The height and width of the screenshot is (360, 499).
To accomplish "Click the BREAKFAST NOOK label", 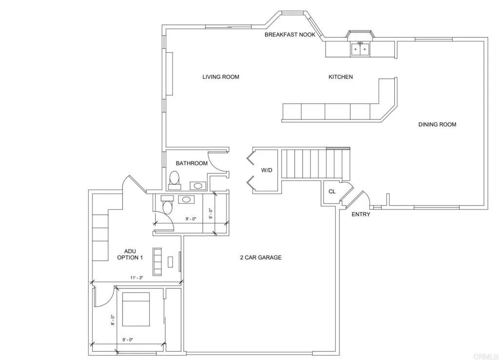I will tap(290, 35).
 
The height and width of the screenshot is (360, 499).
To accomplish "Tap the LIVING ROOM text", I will tap(221, 77).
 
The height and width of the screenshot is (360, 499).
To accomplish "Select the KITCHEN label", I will tap(341, 77).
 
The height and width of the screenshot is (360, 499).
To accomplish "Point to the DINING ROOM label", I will tap(437, 125).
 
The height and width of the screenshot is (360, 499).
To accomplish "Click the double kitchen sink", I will tap(361, 49).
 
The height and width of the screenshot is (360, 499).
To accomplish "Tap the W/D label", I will tap(267, 171).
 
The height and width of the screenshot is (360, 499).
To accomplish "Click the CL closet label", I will tap(332, 191).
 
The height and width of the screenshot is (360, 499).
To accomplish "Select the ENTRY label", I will tap(361, 214).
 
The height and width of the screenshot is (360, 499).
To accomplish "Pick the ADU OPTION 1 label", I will tap(130, 254).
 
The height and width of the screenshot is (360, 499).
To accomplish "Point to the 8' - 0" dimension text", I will tap(113, 320).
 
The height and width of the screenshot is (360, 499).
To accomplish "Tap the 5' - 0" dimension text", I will tap(211, 213).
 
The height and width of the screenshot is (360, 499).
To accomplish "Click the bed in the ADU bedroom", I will tap(136, 309).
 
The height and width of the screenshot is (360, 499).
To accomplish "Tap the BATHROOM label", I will tap(192, 163).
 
